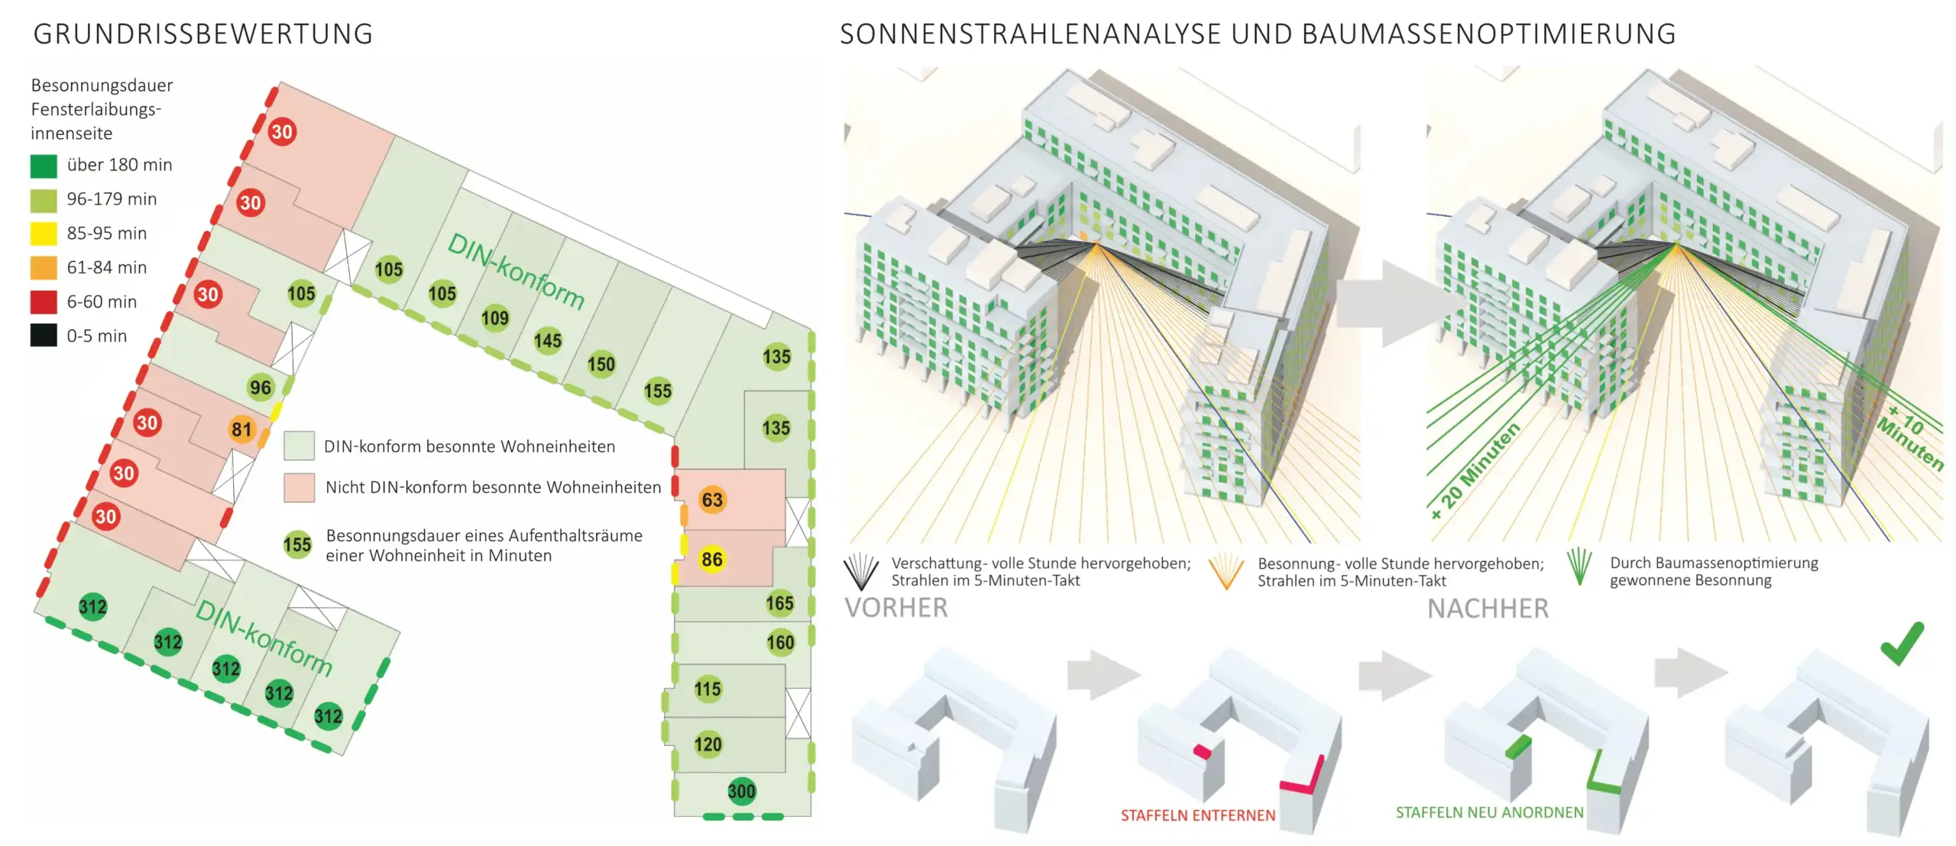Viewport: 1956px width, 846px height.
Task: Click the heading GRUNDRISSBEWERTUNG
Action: pyautogui.click(x=202, y=34)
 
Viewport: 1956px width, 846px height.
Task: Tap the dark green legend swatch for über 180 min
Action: pyautogui.click(x=44, y=166)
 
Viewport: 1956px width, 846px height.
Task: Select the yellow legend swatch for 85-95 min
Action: pyautogui.click(x=44, y=234)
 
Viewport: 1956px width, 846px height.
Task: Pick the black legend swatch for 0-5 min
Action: pyautogui.click(x=44, y=336)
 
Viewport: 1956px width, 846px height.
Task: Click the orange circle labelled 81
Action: pyautogui.click(x=241, y=430)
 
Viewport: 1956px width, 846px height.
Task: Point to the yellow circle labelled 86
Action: pyautogui.click(x=712, y=560)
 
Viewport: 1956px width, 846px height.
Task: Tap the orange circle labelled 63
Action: pyautogui.click(x=712, y=500)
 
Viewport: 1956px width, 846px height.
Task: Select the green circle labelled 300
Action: pyautogui.click(x=741, y=791)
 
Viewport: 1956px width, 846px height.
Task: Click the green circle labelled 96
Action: pyautogui.click(x=261, y=388)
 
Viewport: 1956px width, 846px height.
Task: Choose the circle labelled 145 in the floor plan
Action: pyautogui.click(x=548, y=341)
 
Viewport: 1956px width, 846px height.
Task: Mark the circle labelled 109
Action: pyautogui.click(x=495, y=318)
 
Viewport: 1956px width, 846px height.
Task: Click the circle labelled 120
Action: pyautogui.click(x=708, y=744)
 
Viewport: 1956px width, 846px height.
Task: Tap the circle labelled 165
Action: pyautogui.click(x=779, y=603)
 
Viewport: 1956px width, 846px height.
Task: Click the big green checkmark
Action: pyautogui.click(x=1903, y=643)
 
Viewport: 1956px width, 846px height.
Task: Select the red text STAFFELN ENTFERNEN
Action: pyautogui.click(x=1197, y=815)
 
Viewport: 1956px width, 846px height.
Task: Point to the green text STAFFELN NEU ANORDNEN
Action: pyautogui.click(x=1489, y=812)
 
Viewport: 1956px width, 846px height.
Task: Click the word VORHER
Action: pyautogui.click(x=895, y=608)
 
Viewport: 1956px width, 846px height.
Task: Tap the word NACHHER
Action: pyautogui.click(x=1488, y=609)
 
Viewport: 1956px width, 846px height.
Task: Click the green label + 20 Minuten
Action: pyautogui.click(x=1475, y=471)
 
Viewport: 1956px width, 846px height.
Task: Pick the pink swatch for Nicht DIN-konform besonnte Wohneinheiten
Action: pyautogui.click(x=300, y=487)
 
